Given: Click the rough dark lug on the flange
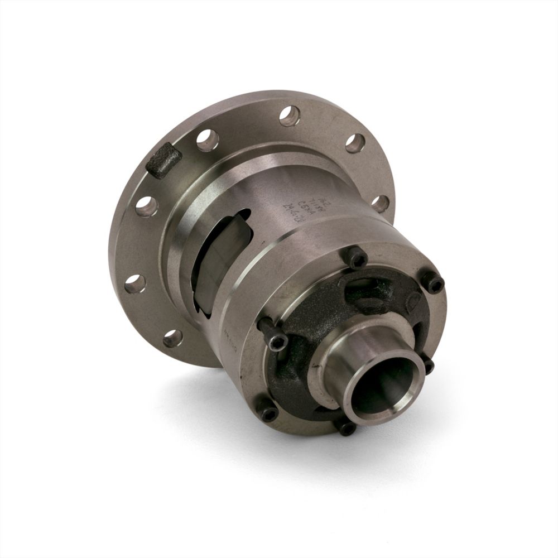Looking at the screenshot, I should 166,160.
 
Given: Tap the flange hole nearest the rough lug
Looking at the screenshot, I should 207,139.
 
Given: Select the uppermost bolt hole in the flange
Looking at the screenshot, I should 290,116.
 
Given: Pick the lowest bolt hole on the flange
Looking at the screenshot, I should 172,337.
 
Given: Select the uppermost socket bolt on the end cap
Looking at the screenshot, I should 358,258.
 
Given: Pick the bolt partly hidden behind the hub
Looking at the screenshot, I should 428,365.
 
